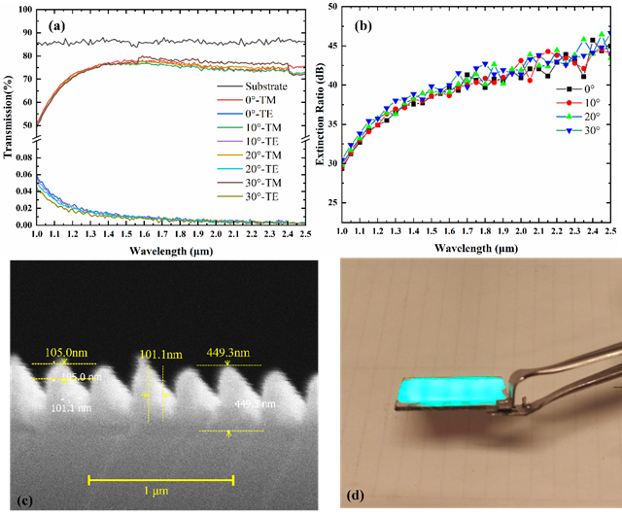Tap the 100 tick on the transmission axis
click(x=24, y=12)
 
